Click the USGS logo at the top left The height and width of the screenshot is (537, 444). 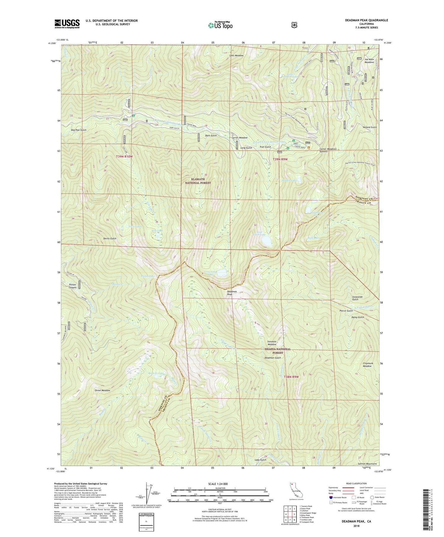pos(67,23)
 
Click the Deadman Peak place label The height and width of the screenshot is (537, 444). pos(232,293)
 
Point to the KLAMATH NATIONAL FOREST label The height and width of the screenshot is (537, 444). pos(198,181)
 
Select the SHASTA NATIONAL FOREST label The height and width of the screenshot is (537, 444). pos(277,351)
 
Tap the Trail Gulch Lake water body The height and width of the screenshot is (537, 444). pos(266,241)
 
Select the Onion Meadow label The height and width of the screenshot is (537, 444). pos(102,390)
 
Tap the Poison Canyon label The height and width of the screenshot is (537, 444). pos(71,286)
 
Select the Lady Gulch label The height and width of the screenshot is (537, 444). pos(260,460)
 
